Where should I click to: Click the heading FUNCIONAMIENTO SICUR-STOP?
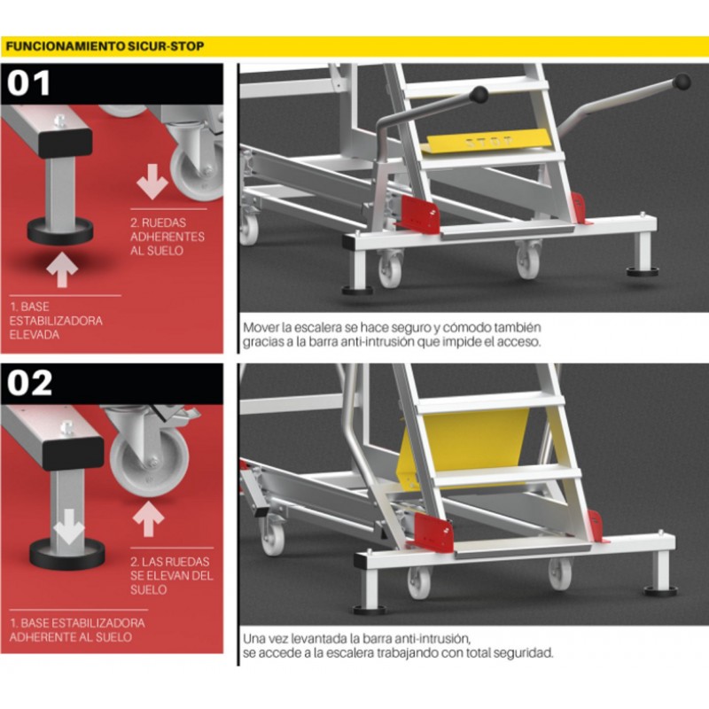coord(105,46)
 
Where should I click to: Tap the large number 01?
coord(28,83)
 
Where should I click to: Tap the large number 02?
coord(30,384)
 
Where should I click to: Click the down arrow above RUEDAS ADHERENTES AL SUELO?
coord(152,182)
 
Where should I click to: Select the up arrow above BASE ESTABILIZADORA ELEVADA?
coord(62,270)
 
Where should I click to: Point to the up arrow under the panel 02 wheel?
coord(148,519)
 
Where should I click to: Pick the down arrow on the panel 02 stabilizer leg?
coord(68,526)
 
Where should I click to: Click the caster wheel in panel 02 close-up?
coord(150,461)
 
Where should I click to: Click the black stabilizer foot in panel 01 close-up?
coord(60,230)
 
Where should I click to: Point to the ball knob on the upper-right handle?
coord(682,82)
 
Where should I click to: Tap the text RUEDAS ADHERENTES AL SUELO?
coord(168,237)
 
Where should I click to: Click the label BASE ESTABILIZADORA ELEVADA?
coord(56,321)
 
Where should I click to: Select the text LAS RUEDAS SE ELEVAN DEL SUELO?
coord(171,575)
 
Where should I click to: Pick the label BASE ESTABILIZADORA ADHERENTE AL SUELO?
coord(77,630)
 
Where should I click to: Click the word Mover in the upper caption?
coord(258,327)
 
